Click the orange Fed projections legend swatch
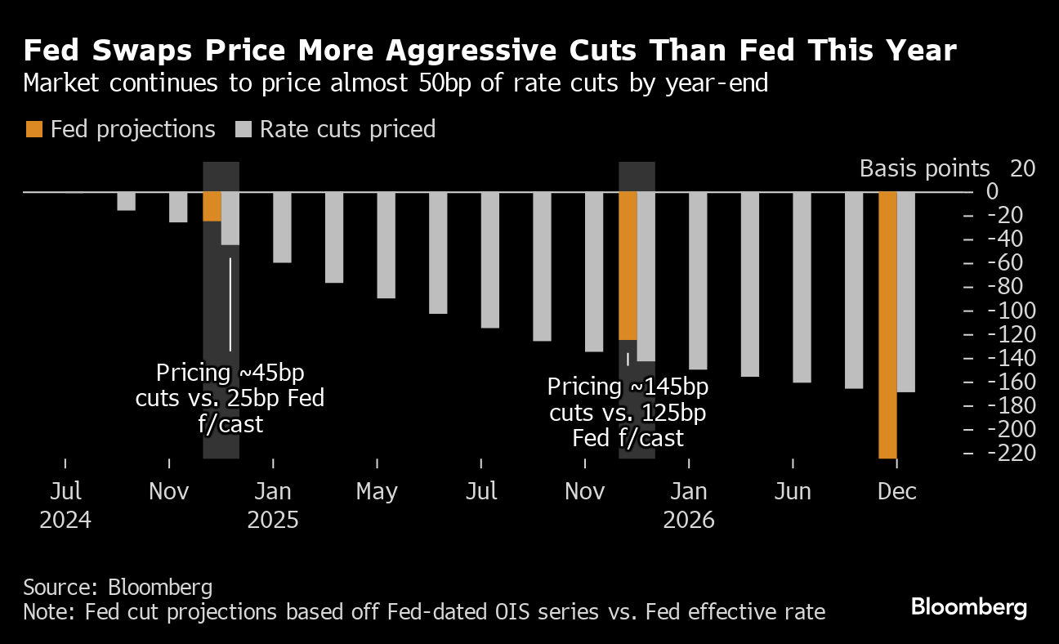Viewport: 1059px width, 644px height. coord(34,129)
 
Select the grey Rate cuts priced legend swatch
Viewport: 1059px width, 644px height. coord(244,129)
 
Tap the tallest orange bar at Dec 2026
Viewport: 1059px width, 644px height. coord(887,325)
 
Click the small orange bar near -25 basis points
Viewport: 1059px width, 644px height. coord(212,207)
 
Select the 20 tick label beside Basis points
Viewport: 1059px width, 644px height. coord(1023,168)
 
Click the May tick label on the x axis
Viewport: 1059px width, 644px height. coord(377,492)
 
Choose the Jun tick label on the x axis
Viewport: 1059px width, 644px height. coord(793,492)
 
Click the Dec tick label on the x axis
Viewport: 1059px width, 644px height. coord(897,492)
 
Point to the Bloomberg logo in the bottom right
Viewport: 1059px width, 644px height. coord(968,607)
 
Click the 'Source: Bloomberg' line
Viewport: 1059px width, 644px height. coord(118,587)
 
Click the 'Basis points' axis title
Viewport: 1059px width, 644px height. coord(924,168)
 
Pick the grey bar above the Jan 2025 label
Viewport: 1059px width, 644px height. coord(282,227)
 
